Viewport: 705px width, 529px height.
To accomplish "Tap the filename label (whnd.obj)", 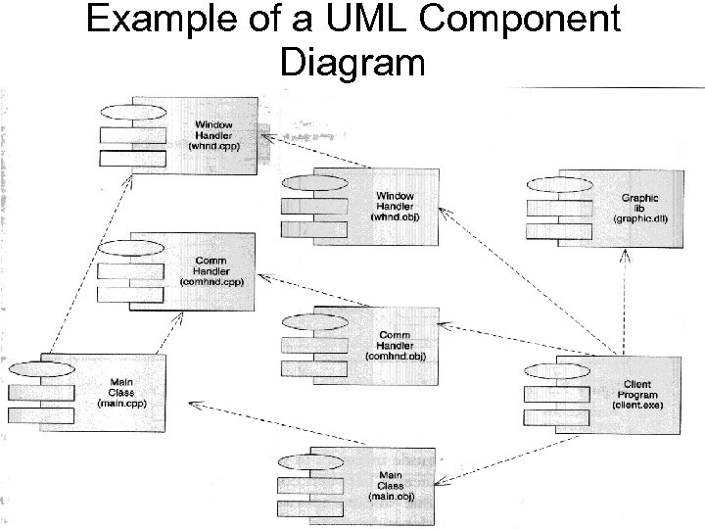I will pyautogui.click(x=395, y=217).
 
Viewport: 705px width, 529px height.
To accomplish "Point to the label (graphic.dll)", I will pyautogui.click(x=639, y=218).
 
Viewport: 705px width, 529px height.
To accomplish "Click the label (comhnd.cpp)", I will pyautogui.click(x=212, y=281).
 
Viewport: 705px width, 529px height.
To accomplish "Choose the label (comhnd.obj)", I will pyautogui.click(x=395, y=357).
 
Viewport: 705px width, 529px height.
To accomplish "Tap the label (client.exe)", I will pyautogui.click(x=637, y=404).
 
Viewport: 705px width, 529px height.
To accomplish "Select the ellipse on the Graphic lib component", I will pyautogui.click(x=558, y=182).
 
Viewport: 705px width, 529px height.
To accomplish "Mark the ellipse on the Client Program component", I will pyautogui.click(x=555, y=370).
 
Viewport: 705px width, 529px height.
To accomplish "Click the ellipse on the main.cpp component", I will pyautogui.click(x=41, y=367).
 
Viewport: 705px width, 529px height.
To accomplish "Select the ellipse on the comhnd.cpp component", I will pyautogui.click(x=131, y=246).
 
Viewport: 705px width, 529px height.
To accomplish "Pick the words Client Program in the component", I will pyautogui.click(x=637, y=390).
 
